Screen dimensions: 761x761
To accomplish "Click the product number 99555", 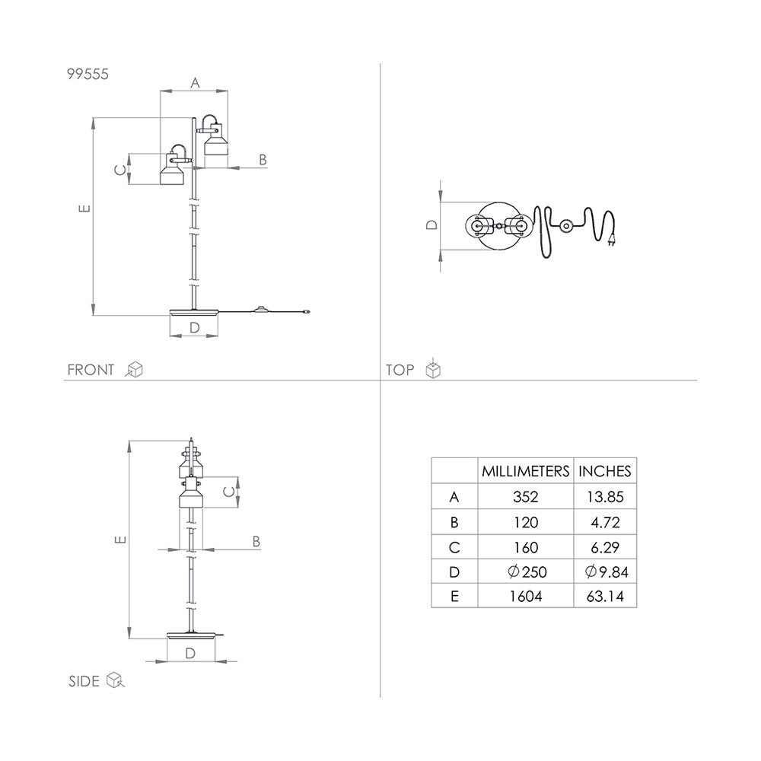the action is point(88,75).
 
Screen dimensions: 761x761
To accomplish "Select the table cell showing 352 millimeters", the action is point(526,496).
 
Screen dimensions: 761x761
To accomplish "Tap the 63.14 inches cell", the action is point(605,596).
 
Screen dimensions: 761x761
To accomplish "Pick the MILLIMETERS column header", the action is point(526,471).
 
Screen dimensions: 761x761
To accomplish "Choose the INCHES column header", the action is point(605,471).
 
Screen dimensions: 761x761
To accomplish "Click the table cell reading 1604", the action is point(526,596).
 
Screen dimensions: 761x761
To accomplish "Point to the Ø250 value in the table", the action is point(527,572).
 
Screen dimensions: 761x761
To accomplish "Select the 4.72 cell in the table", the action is point(605,522).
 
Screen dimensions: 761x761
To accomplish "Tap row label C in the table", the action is point(454,547).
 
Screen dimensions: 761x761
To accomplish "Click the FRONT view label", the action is point(91,370).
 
